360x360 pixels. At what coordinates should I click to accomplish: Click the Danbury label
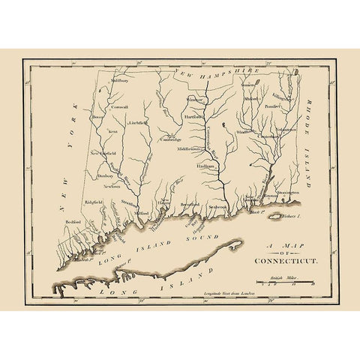103,177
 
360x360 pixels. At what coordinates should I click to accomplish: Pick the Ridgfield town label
94,202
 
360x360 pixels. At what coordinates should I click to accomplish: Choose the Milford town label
142,212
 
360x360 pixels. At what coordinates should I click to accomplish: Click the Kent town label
113,130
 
